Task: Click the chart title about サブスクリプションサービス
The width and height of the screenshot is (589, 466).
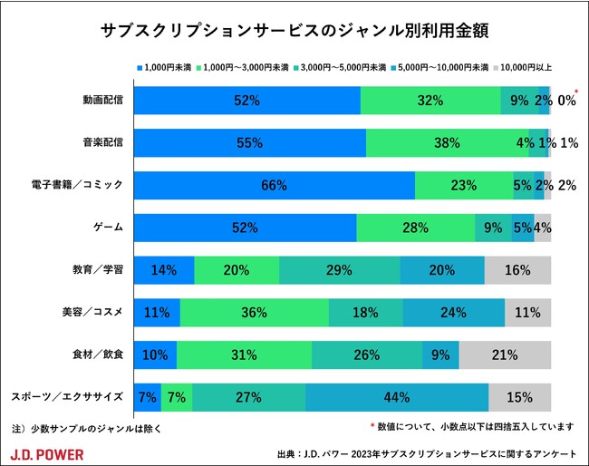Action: (x=295, y=32)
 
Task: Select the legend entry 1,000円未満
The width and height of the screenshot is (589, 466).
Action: (x=167, y=68)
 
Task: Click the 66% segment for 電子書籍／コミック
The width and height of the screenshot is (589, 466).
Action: (x=274, y=185)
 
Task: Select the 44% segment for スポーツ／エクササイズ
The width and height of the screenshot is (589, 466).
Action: (x=397, y=397)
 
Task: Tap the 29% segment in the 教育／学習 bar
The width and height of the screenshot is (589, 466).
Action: (x=339, y=270)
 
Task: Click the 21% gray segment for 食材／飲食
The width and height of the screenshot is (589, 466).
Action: (x=505, y=354)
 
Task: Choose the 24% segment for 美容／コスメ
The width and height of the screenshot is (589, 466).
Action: (x=453, y=313)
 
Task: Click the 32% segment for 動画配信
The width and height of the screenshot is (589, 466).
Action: (x=430, y=101)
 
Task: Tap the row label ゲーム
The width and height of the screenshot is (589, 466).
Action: (x=109, y=228)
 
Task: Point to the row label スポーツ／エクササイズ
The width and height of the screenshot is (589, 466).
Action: (x=66, y=397)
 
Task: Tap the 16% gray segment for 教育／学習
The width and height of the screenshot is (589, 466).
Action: (x=517, y=270)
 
